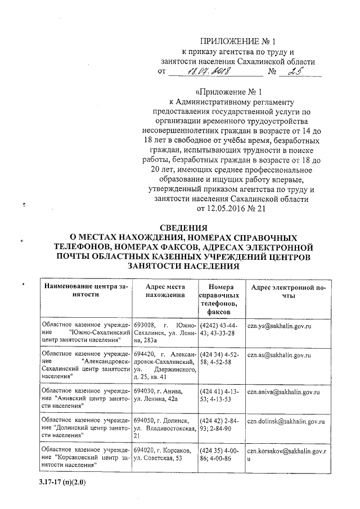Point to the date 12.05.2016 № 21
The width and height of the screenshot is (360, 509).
tap(231, 209)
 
